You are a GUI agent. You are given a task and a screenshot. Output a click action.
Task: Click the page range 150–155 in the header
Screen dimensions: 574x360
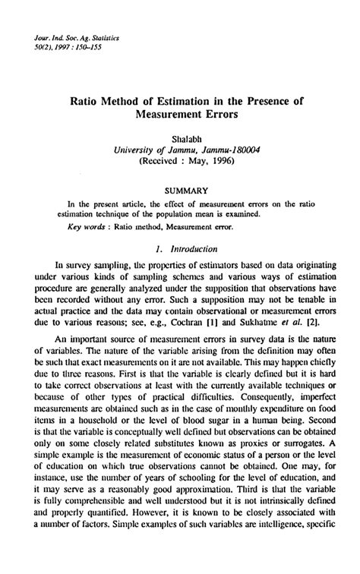(76, 47)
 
